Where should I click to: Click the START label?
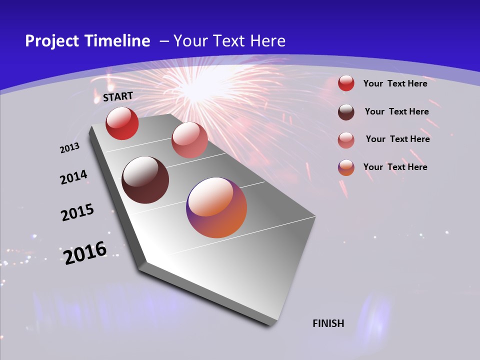pyautogui.click(x=118, y=96)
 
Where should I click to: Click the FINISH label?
pyautogui.click(x=328, y=323)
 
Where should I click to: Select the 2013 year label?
pyautogui.click(x=70, y=148)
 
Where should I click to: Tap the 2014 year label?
pyautogui.click(x=73, y=177)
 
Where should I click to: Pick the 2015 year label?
pyautogui.click(x=77, y=212)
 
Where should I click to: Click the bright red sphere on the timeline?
pyautogui.click(x=122, y=123)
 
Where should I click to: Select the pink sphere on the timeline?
pyautogui.click(x=189, y=139)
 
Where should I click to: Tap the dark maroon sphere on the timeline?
pyautogui.click(x=145, y=180)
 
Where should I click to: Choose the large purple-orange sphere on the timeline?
pyautogui.click(x=216, y=207)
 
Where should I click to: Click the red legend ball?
pyautogui.click(x=346, y=83)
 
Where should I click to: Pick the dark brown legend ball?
pyautogui.click(x=346, y=111)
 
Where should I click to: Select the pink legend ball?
pyautogui.click(x=346, y=139)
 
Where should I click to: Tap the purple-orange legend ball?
pyautogui.click(x=346, y=167)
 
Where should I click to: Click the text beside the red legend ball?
pyautogui.click(x=395, y=83)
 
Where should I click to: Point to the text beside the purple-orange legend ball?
pyautogui.click(x=395, y=167)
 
